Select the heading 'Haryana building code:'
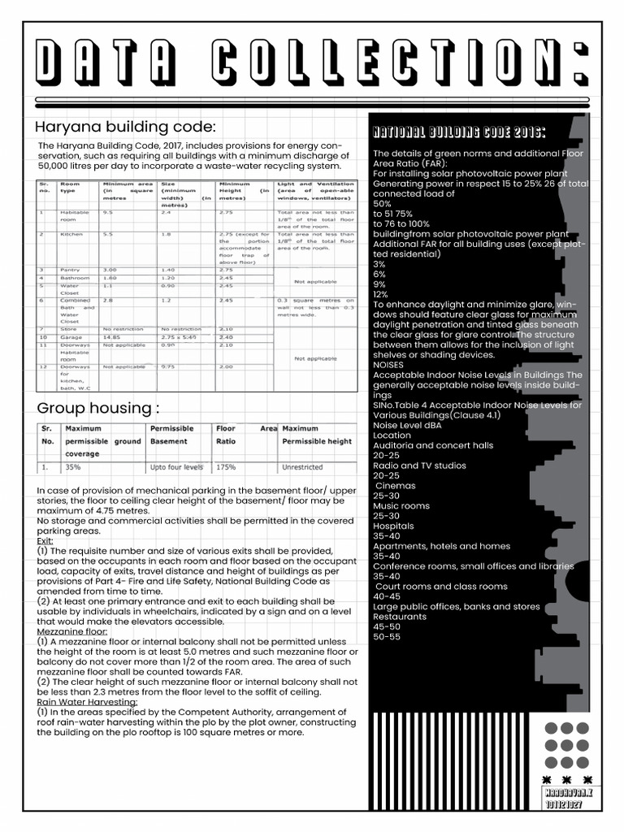pos(125,128)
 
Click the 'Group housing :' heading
pos(98,407)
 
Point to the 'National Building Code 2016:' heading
pos(458,132)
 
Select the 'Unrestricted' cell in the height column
pos(302,468)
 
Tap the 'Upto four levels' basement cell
pos(176,468)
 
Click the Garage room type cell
pos(71,337)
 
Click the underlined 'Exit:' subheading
pos(45,540)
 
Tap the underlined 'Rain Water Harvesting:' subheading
pos(88,702)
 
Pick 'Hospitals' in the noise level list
pos(393,526)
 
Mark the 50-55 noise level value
pos(387,636)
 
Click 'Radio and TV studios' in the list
pos(419,466)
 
